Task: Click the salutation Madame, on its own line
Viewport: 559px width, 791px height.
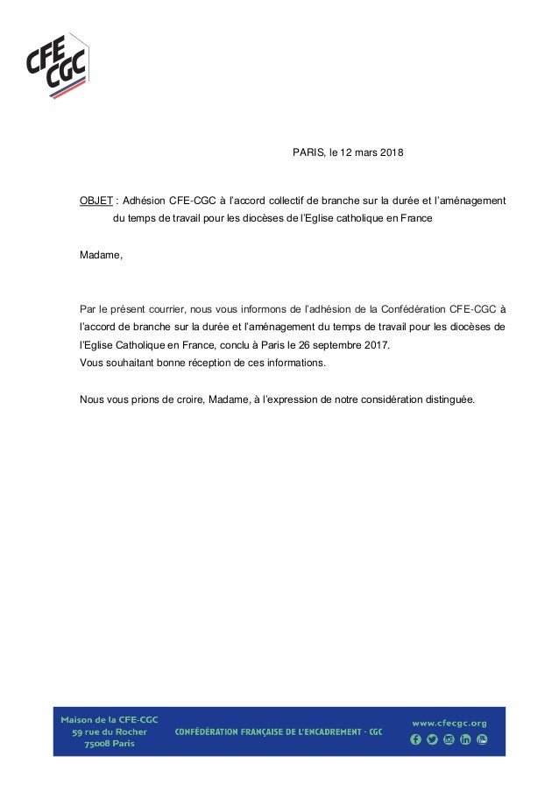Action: coord(102,255)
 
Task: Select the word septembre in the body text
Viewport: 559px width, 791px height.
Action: coord(336,345)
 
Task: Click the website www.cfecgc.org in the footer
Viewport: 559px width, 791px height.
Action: coord(449,723)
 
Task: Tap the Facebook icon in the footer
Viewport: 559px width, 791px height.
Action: coord(416,740)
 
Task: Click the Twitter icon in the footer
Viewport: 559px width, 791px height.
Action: coord(432,740)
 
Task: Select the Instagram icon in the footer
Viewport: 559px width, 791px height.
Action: coord(449,740)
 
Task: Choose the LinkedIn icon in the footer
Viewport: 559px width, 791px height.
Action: coord(465,740)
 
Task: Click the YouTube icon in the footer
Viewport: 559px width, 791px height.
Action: coord(482,740)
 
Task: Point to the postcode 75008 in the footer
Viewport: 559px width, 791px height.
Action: coord(87,744)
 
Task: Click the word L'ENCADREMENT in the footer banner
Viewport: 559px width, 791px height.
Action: coord(325,731)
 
